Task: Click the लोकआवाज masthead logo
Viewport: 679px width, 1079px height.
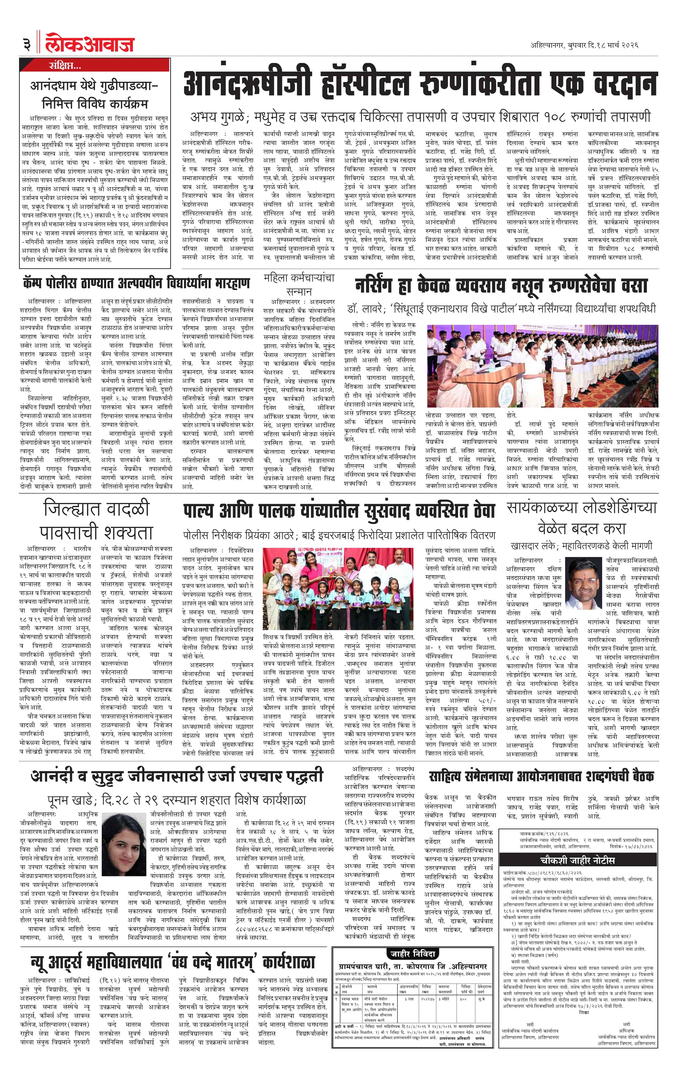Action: click(90, 44)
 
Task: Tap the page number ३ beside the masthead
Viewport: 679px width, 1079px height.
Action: click(26, 45)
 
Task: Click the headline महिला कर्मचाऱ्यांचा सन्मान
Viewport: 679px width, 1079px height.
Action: click(299, 284)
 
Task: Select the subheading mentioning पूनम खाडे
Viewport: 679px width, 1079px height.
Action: click(177, 800)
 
